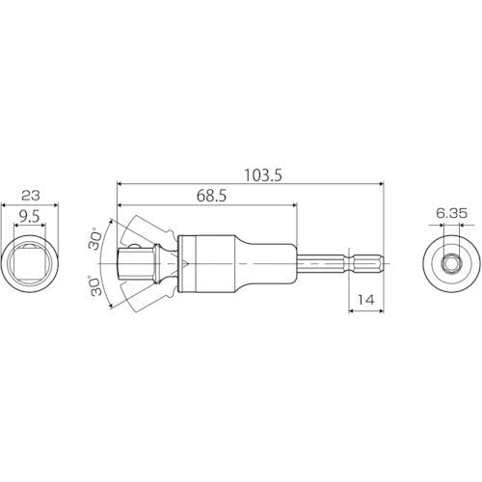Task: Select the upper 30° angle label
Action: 94,239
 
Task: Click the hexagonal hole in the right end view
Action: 451,262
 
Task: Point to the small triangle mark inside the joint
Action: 177,262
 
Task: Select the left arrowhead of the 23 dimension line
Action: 6,203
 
